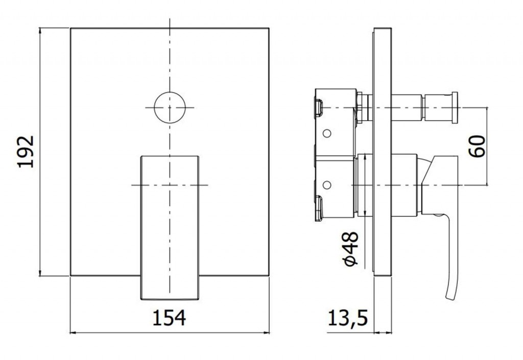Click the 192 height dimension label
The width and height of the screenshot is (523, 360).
click(26, 151)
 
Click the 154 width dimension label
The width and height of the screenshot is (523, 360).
click(169, 318)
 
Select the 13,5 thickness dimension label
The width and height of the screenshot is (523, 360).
click(347, 318)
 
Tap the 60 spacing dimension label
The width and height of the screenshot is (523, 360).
click(477, 146)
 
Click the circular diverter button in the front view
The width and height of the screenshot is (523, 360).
click(170, 107)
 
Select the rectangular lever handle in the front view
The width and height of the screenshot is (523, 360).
click(170, 227)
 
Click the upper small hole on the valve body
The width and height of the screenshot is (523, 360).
click(327, 133)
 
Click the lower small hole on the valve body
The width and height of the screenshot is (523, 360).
click(327, 184)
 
